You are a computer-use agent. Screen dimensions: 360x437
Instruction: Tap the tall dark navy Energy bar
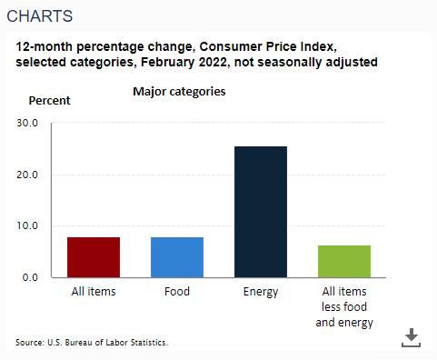[261, 211]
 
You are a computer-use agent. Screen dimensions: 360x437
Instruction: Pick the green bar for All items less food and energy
[344, 261]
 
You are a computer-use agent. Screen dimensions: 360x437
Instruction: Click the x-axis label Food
[177, 292]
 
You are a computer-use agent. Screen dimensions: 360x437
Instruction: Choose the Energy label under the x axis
[261, 292]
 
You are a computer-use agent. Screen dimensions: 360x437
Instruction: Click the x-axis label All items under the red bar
[94, 292]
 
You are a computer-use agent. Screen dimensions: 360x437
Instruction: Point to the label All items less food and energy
[344, 306]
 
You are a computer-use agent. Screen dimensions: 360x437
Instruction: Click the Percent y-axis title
[50, 99]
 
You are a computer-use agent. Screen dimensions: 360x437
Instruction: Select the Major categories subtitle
[179, 92]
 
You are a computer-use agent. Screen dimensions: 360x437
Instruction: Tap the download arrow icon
[412, 337]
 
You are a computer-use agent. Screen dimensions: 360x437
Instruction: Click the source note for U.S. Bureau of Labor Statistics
[92, 342]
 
